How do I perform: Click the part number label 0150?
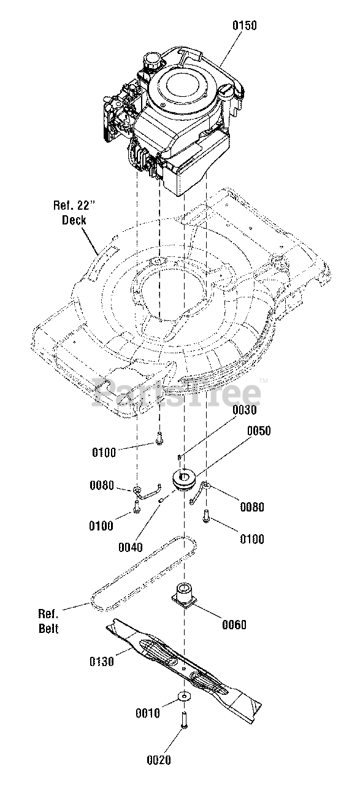tap(245, 26)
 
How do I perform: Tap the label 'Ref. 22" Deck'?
tap(74, 213)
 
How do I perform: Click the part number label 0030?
tap(244, 410)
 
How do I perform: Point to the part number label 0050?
tap(259, 431)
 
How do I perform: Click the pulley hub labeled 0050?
tap(185, 480)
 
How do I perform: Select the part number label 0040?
tap(131, 547)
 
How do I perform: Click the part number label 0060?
tap(234, 624)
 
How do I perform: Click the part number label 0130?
tap(102, 662)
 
